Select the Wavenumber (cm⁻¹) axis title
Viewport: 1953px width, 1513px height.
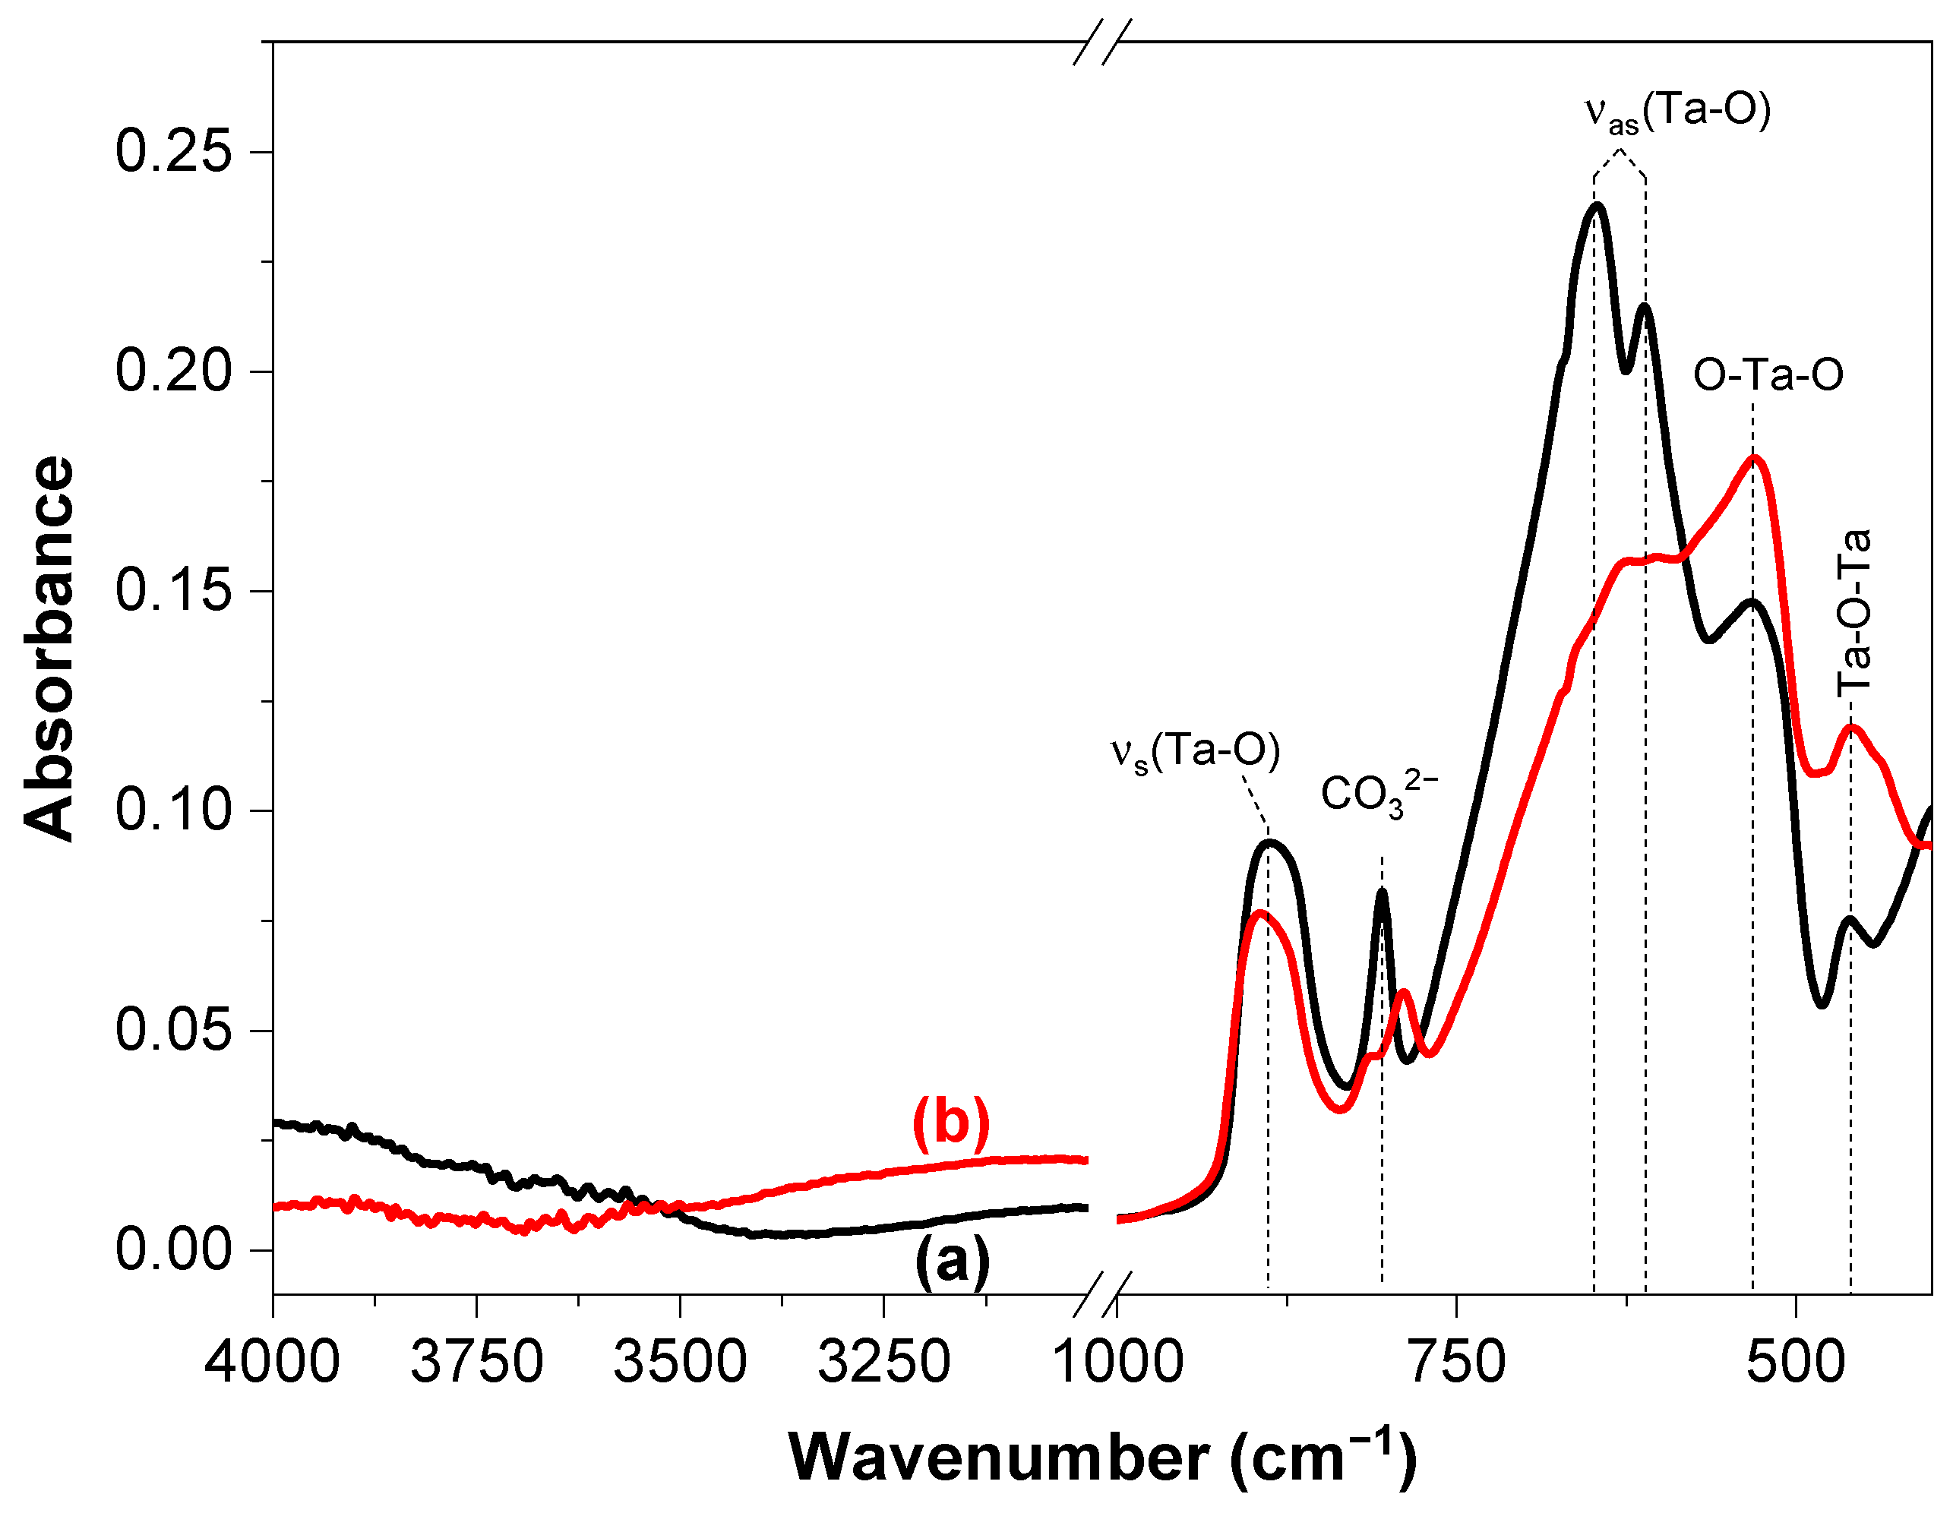coord(1101,1458)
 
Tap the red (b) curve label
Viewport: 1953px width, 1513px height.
coord(950,1123)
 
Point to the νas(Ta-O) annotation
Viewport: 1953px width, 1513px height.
coord(1677,114)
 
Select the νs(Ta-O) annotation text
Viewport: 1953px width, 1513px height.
coord(1196,752)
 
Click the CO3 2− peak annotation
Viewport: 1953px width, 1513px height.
coord(1379,794)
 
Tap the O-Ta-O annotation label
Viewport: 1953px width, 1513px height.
coord(1768,375)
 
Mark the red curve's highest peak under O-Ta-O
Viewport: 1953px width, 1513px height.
coord(1755,460)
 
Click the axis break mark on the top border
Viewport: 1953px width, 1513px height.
coord(1101,42)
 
